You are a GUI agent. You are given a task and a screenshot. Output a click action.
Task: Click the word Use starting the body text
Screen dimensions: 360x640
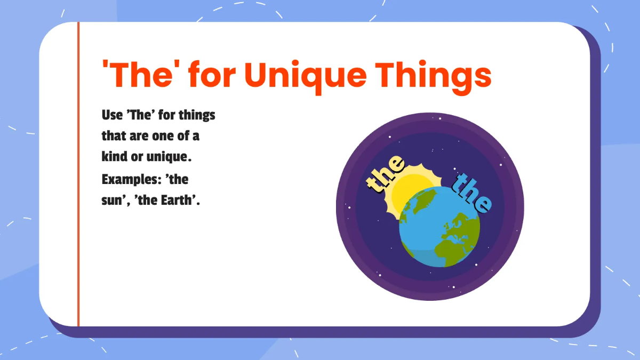(x=112, y=115)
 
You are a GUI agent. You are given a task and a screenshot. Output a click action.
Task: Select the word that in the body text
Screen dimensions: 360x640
(x=114, y=136)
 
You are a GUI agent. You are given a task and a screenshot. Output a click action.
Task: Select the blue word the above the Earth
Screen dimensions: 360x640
(x=471, y=193)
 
